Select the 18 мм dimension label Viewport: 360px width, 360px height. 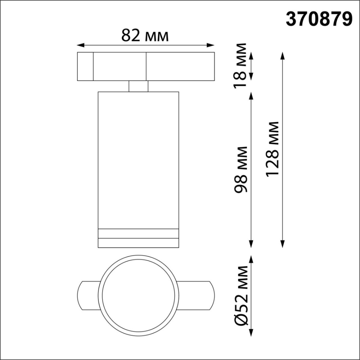(x=241, y=65)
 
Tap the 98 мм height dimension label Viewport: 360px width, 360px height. (x=241, y=169)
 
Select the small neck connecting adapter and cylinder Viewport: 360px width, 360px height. (x=138, y=86)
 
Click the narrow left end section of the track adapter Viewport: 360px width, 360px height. (x=85, y=66)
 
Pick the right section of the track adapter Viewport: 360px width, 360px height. (x=180, y=66)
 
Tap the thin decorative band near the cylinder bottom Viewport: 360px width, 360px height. (x=138, y=234)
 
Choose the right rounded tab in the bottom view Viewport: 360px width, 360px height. (x=196, y=295)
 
